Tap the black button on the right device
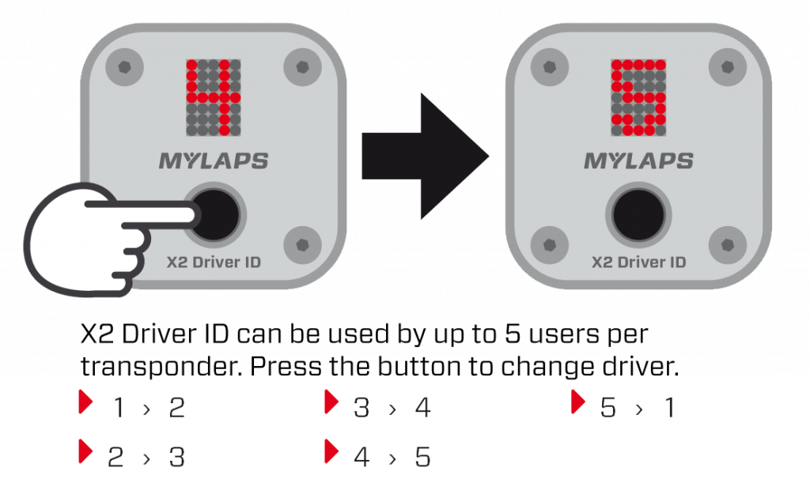click(x=638, y=214)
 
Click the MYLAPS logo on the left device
click(x=214, y=161)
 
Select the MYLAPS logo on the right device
click(x=638, y=161)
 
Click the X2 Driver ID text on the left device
click(x=214, y=262)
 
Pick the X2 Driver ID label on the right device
click(x=638, y=262)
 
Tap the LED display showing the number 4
click(x=213, y=96)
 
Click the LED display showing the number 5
click(x=638, y=96)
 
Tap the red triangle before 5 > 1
click(x=577, y=402)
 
